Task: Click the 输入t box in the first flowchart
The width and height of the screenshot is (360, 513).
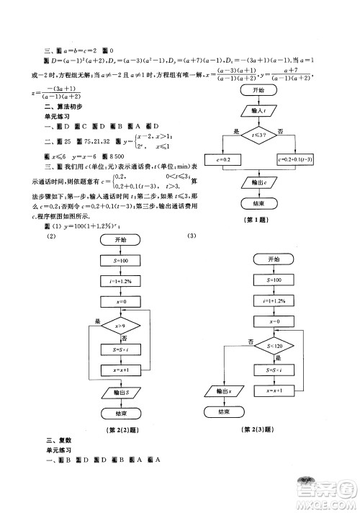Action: (x=260, y=111)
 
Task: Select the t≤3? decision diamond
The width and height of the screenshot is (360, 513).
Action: (x=260, y=134)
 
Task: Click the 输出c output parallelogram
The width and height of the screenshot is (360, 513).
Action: (x=260, y=184)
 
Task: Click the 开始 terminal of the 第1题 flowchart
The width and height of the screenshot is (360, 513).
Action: (x=260, y=90)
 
